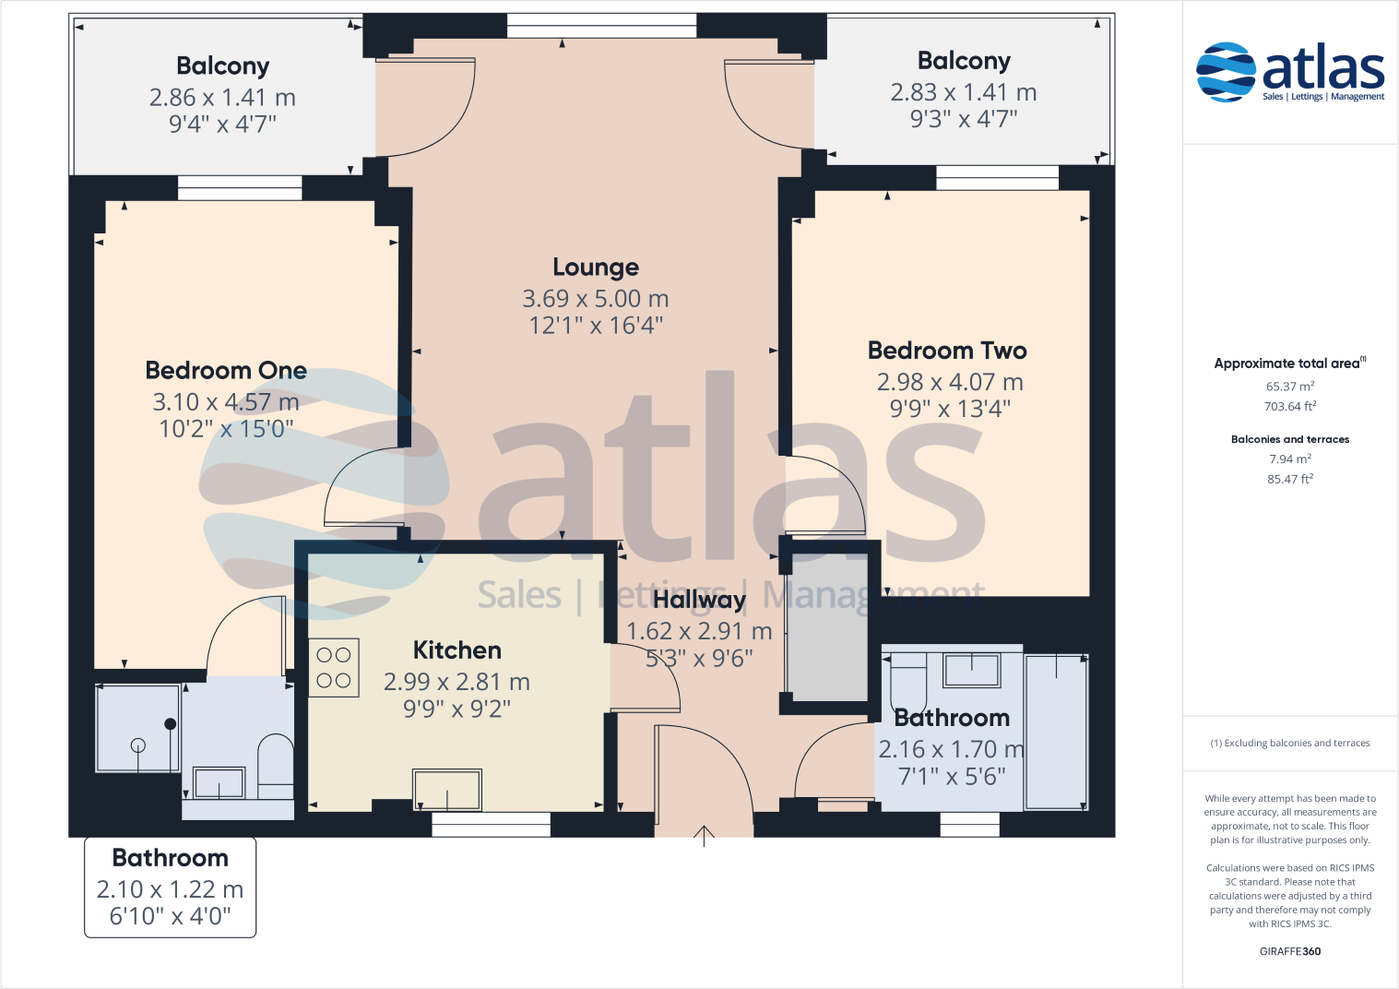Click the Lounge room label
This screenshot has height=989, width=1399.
coord(596,268)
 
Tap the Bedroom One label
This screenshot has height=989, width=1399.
coord(226,371)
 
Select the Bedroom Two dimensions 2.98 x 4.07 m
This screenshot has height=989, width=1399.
coord(949,382)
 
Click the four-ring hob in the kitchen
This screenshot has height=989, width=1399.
coord(333,668)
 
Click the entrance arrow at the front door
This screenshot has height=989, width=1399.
coord(704,836)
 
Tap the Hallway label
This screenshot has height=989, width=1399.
coord(699,600)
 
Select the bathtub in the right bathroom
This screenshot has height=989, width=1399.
coord(1056,732)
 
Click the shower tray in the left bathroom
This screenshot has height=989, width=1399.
coord(138,728)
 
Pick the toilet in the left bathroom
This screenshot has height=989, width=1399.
coord(275,765)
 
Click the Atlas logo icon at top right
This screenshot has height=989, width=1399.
coord(1226,71)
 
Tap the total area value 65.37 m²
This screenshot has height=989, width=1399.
coord(1289,387)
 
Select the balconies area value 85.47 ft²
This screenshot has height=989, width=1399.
coord(1289,479)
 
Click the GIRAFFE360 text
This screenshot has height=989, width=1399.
coord(1289,951)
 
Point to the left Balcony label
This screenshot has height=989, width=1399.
coord(222,66)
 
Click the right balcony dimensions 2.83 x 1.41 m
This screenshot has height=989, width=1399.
coord(963,92)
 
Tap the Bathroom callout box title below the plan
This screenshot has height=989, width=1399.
coord(170,858)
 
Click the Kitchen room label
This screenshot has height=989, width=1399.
coord(456,650)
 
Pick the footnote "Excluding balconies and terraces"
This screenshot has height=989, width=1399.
coord(1289,743)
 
